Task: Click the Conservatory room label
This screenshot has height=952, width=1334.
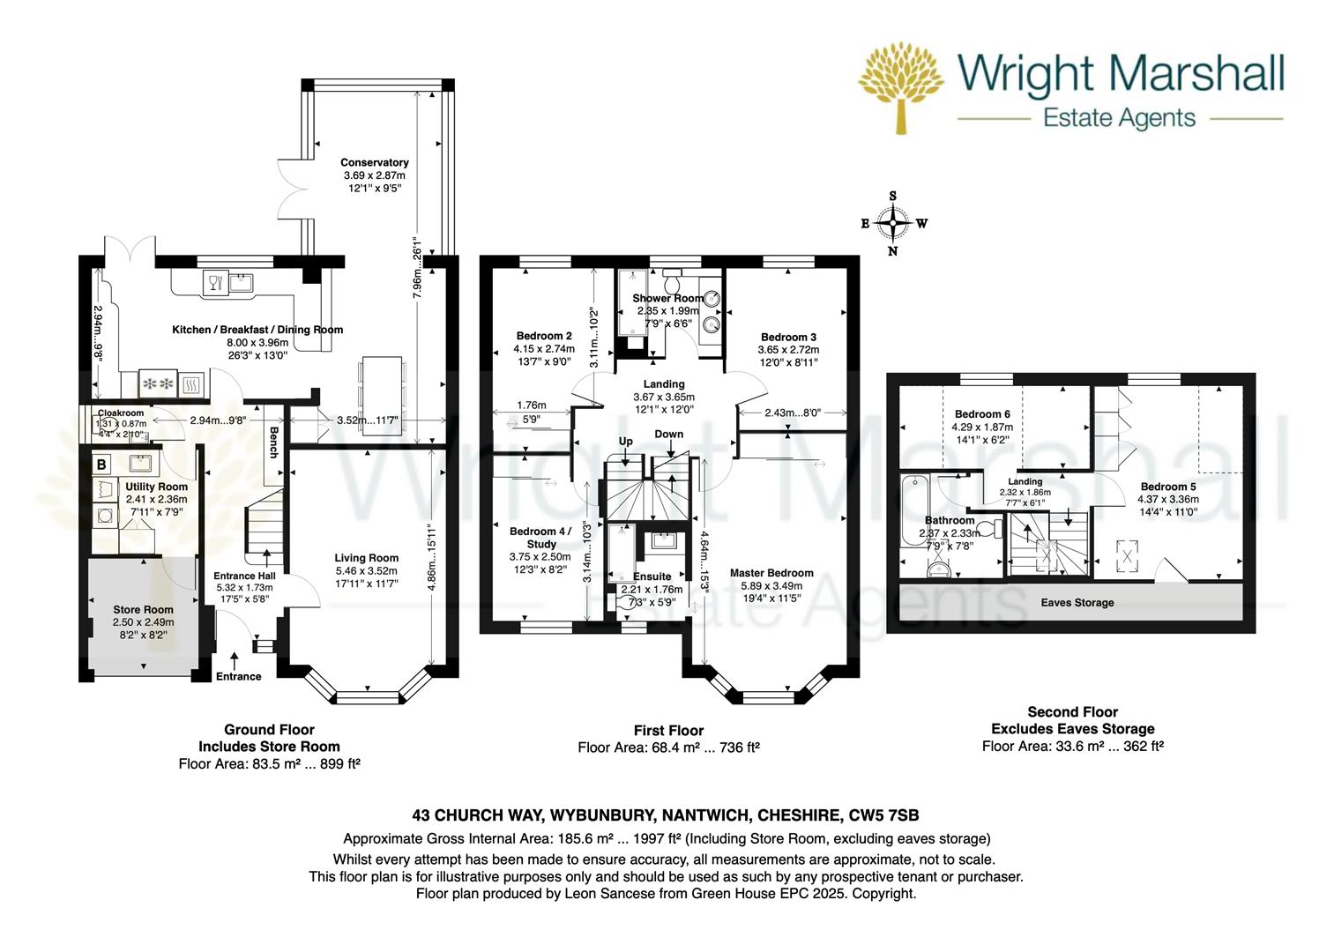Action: click(x=375, y=163)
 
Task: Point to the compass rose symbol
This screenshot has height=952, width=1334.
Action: click(x=893, y=224)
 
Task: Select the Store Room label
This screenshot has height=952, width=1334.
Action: click(x=143, y=610)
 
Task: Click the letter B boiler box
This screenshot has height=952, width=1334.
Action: click(x=101, y=464)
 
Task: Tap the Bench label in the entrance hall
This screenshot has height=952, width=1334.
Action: click(x=273, y=443)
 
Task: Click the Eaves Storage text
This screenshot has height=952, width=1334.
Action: click(x=1077, y=603)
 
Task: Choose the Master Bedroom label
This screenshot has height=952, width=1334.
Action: click(x=771, y=573)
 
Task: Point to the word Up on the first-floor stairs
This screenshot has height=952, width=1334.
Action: click(x=625, y=441)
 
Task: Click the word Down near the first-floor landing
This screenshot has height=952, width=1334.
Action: click(x=669, y=435)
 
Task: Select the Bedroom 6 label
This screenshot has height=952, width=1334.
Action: click(x=983, y=414)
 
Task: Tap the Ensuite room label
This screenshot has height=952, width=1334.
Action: click(x=652, y=576)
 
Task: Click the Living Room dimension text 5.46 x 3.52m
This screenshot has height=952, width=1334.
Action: click(x=366, y=571)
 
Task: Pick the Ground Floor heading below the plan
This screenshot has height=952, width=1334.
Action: click(x=269, y=730)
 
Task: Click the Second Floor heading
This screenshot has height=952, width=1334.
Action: click(x=1072, y=712)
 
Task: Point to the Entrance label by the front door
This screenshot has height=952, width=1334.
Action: click(x=239, y=677)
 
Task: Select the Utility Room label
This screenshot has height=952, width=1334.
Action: click(x=156, y=487)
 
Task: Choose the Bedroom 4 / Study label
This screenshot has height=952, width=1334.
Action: click(x=540, y=538)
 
